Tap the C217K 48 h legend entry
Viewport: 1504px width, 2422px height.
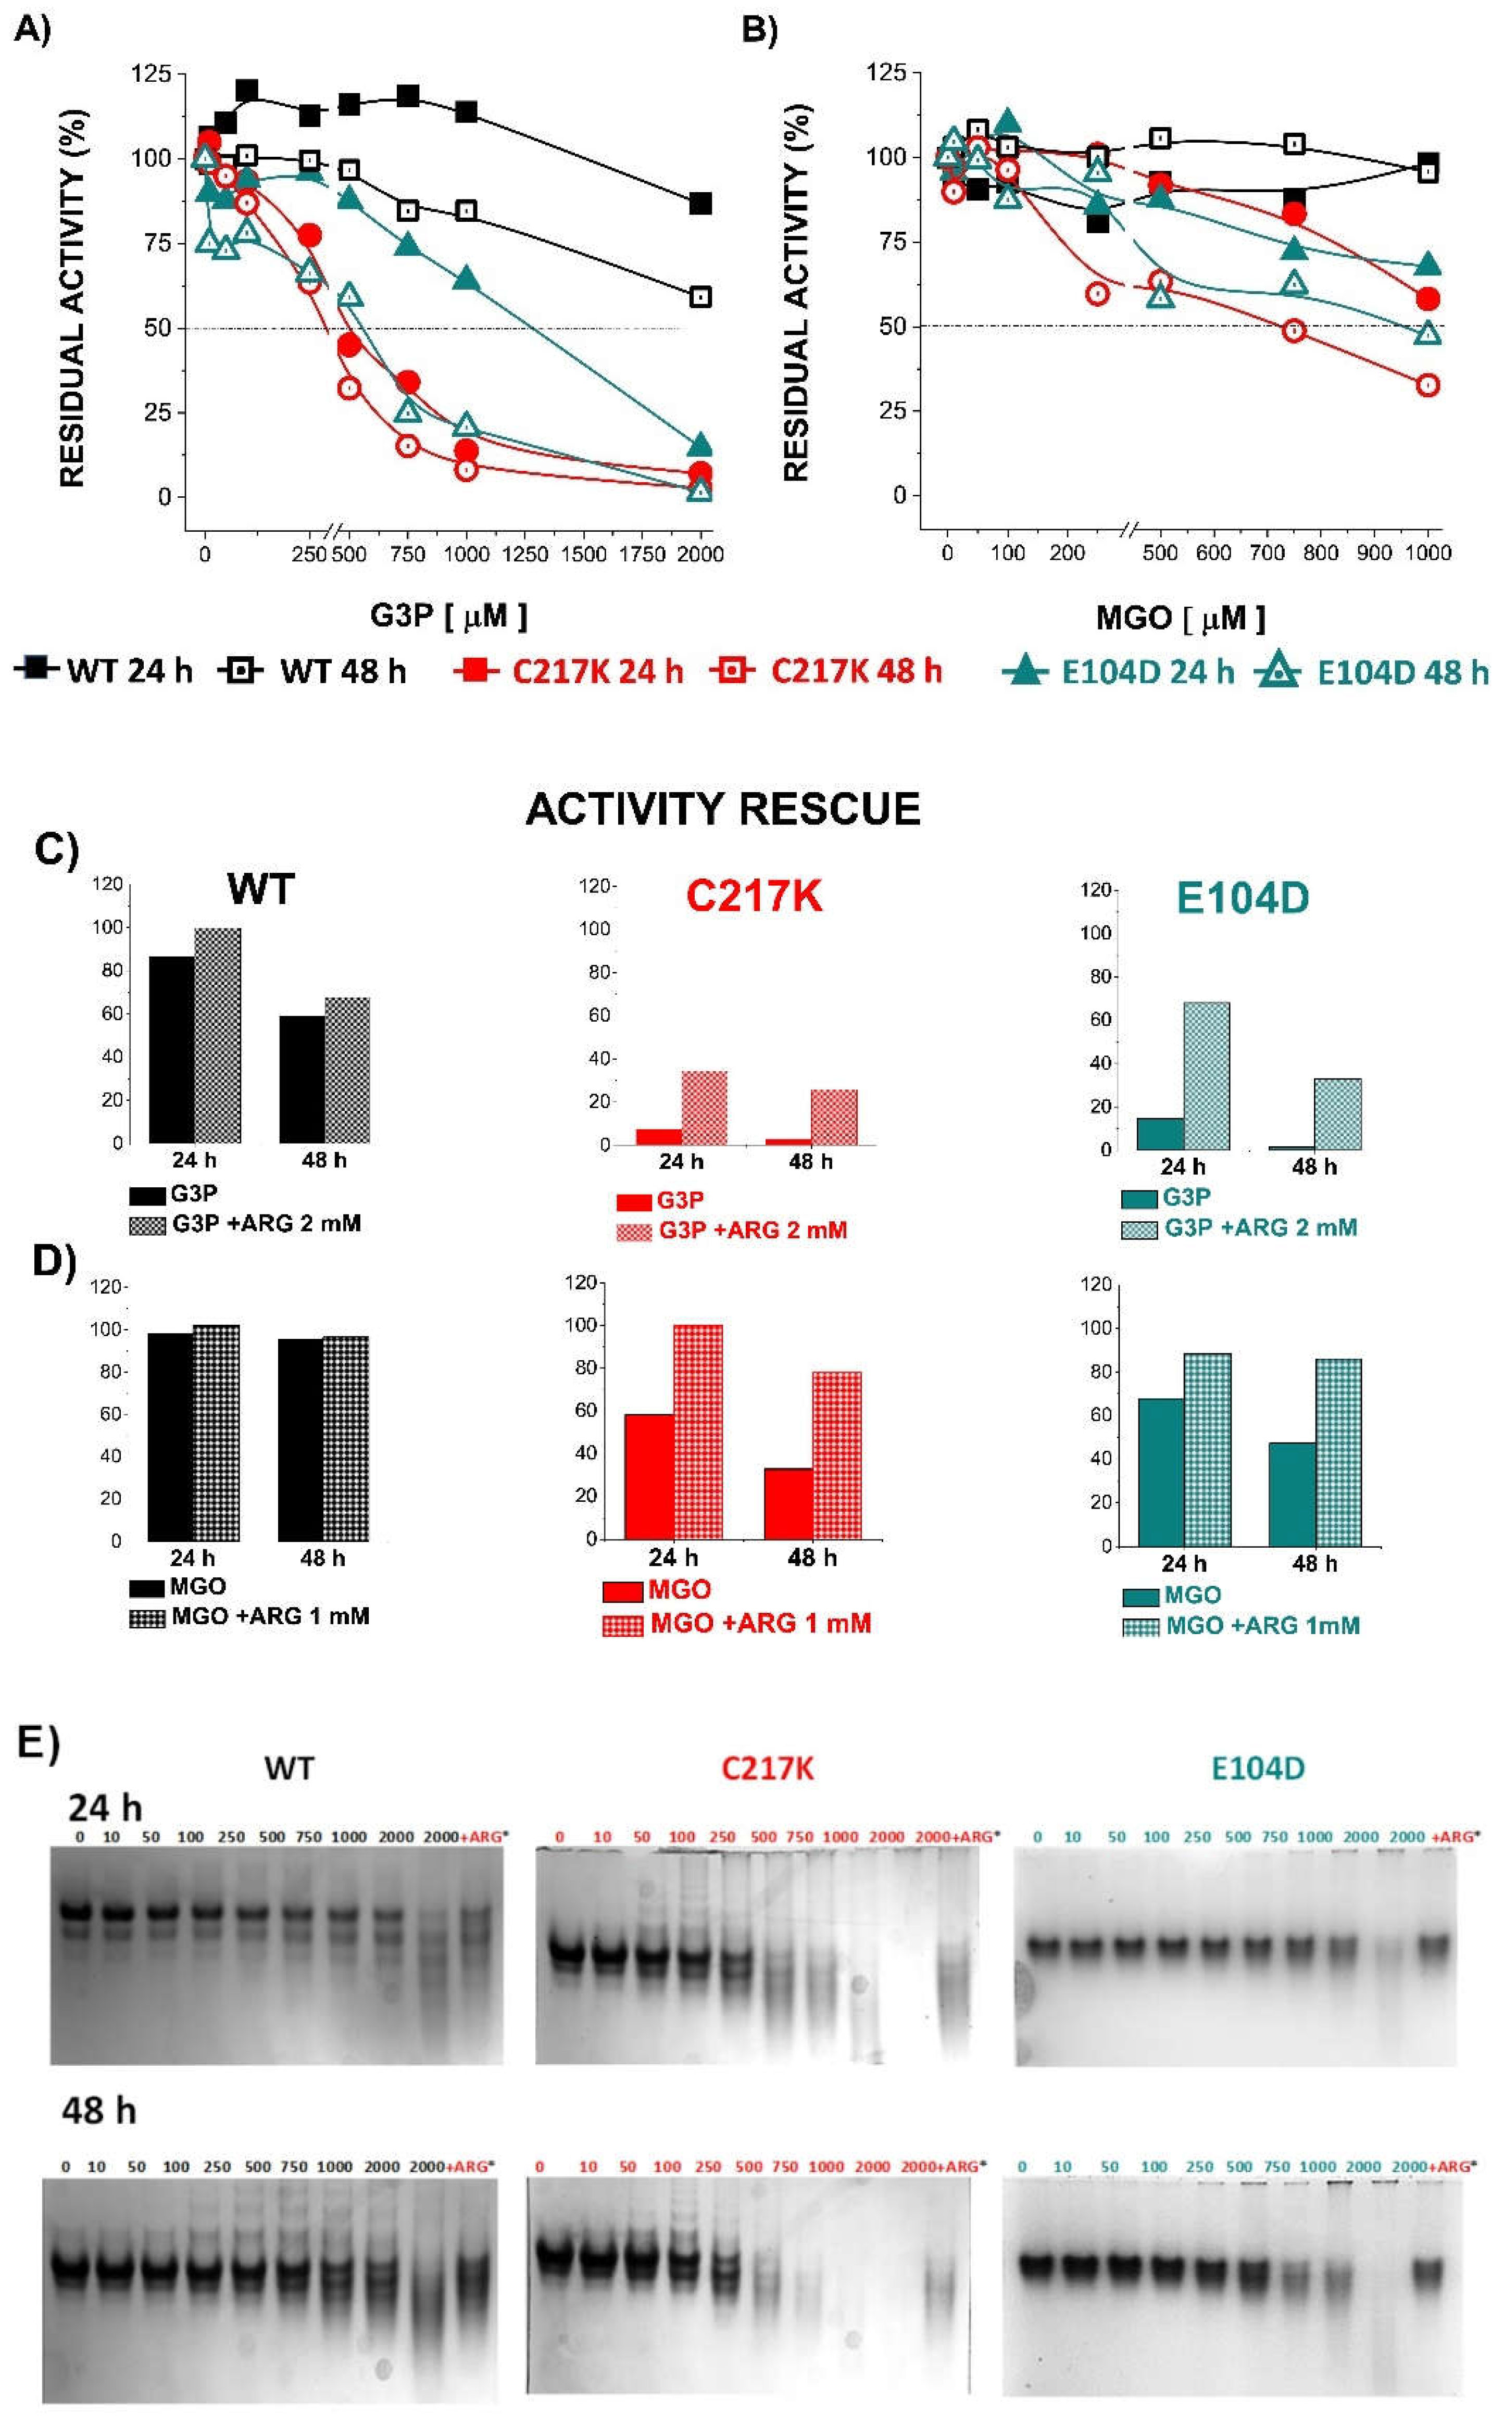tap(828, 671)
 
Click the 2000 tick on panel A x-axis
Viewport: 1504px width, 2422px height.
tap(700, 554)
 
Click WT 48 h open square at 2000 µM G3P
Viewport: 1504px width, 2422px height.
tap(700, 296)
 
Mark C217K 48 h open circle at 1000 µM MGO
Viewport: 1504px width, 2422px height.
tap(1427, 385)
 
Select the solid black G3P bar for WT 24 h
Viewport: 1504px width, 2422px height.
tap(171, 1049)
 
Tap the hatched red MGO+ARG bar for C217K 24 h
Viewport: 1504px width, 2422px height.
tap(698, 1432)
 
